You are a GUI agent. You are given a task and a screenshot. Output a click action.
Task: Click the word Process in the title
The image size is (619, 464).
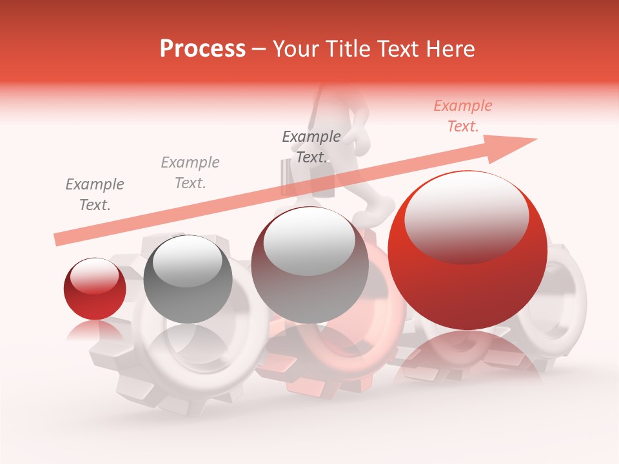click(x=202, y=49)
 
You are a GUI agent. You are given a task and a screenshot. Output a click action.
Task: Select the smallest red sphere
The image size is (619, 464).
click(x=95, y=289)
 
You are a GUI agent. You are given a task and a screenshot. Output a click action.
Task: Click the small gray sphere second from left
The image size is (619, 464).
click(x=188, y=280)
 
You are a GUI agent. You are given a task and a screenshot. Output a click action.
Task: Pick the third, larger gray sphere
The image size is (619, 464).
click(x=309, y=265)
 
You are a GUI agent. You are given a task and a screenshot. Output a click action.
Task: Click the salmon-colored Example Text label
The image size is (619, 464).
click(x=462, y=116)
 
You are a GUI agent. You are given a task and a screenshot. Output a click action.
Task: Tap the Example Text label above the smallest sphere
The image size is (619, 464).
click(x=94, y=195)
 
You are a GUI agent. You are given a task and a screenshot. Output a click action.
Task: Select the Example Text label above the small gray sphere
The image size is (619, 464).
click(x=190, y=173)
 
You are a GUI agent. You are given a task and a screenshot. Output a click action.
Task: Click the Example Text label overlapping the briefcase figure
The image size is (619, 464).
click(x=311, y=147)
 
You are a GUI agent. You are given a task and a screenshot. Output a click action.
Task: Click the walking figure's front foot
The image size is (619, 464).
click(x=380, y=209)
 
